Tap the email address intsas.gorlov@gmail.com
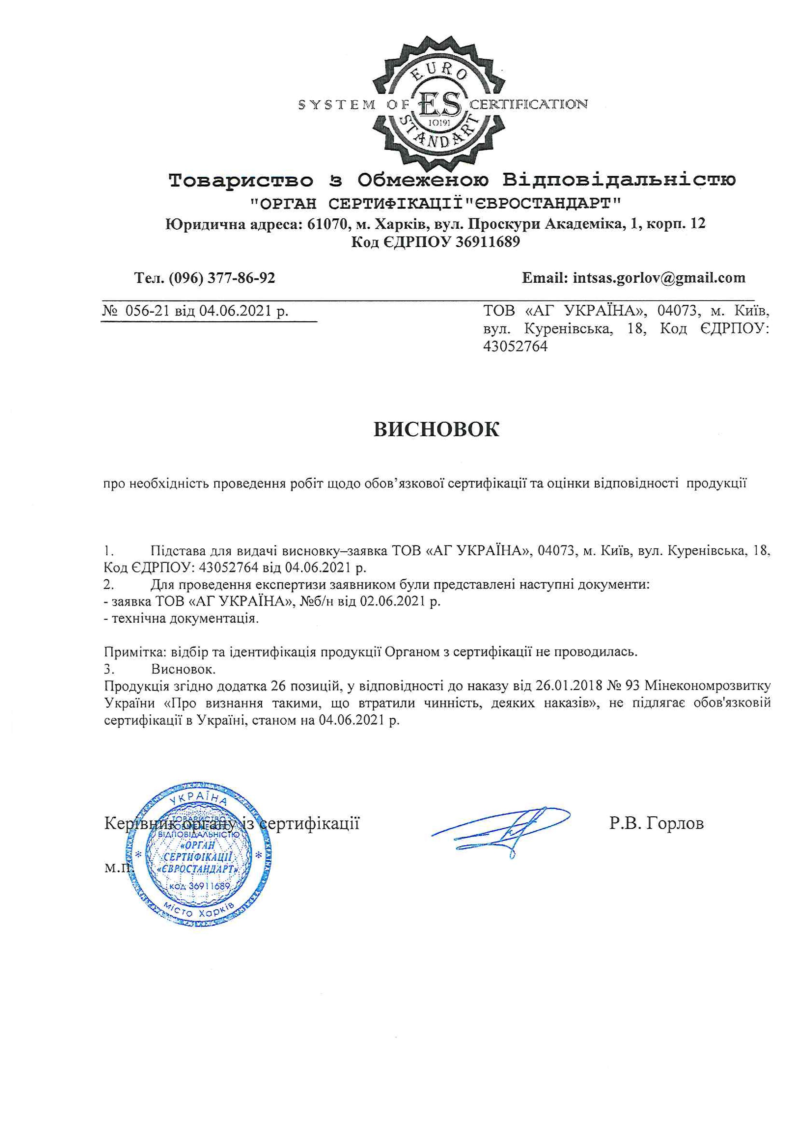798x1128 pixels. coord(659,278)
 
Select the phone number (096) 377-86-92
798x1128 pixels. coord(222,279)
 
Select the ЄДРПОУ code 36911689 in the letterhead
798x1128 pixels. coord(487,242)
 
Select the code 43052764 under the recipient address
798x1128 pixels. coord(515,346)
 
